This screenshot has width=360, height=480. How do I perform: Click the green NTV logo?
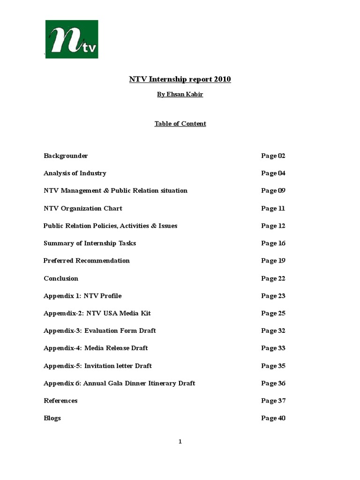pos(71,39)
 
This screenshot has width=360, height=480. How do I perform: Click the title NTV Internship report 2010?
pos(180,79)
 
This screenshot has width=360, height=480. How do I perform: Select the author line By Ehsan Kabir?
pos(180,94)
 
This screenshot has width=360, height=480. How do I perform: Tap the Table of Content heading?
pos(180,124)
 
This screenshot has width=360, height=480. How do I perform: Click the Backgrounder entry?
pos(66,156)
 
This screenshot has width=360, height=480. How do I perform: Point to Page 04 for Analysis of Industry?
pos(273,173)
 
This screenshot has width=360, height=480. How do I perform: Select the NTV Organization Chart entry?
pos(82,208)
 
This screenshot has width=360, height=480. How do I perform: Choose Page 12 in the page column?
pos(273,226)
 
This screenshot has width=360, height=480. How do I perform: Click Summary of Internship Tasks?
pos(90,243)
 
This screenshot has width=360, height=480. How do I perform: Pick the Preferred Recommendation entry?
pos(86,261)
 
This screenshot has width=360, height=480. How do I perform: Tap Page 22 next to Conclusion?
pos(273,278)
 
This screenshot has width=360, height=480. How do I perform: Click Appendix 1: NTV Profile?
pos(82,296)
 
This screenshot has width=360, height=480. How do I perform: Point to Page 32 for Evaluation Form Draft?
pos(273,331)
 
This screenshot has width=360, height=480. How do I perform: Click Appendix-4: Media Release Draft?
pos(96,348)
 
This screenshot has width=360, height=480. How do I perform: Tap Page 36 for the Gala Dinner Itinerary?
pos(273,383)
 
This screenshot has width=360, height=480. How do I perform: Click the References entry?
pos(60,401)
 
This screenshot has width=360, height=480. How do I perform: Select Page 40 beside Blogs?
pos(273,418)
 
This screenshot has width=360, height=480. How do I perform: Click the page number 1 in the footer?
pos(180,442)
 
